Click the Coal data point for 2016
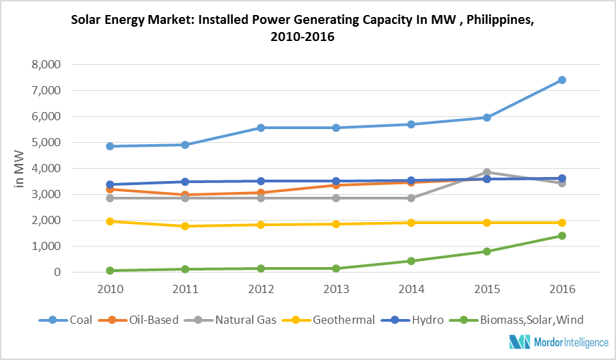561,80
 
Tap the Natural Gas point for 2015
486,172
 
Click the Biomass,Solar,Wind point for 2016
561,236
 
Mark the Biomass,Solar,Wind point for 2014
411,261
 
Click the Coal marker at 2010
111,146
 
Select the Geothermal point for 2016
561,223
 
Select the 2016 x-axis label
561,289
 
